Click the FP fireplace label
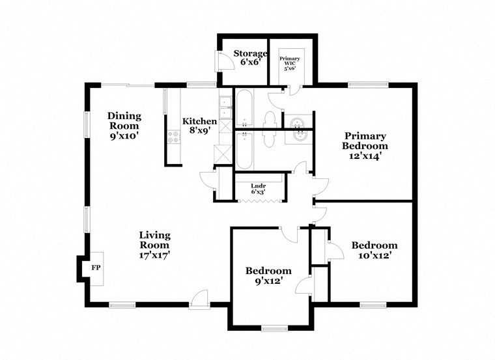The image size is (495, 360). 95,268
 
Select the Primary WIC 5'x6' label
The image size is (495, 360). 290,62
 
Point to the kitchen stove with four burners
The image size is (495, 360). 173,137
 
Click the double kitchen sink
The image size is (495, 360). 225,107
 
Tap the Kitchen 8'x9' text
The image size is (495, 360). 199,125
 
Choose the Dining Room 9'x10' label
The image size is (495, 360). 124,126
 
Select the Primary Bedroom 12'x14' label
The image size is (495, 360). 365,146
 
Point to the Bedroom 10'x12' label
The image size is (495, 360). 374,250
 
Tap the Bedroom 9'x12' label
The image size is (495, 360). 268,275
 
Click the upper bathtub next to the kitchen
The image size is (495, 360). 245,107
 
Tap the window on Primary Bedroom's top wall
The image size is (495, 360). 367,84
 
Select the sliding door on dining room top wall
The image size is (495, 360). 127,84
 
